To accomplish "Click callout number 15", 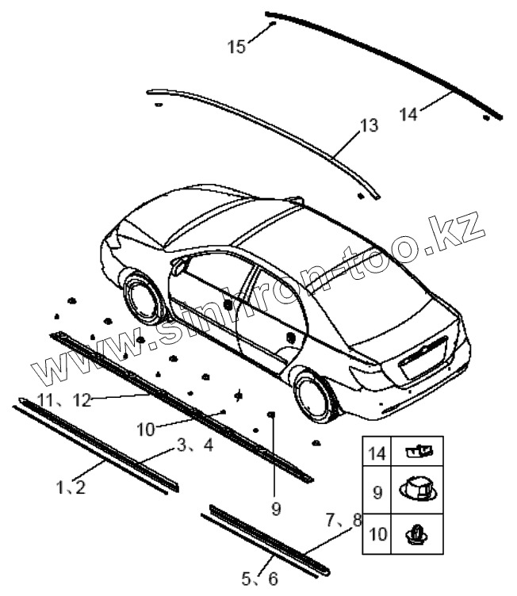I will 236,47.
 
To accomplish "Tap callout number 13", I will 369,125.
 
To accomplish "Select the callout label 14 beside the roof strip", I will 408,114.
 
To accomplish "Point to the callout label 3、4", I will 194,445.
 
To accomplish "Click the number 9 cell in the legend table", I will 377,491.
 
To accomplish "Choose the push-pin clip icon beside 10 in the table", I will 418,533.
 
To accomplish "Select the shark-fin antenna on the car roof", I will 297,197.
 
